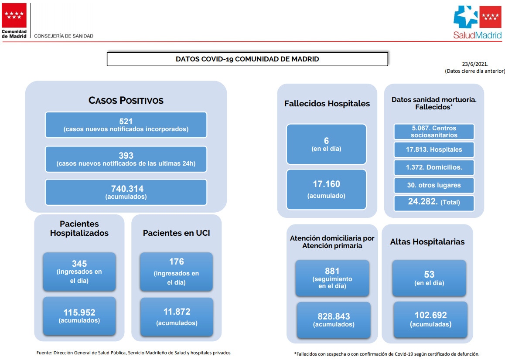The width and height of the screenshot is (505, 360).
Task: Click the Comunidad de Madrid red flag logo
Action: point(14,15)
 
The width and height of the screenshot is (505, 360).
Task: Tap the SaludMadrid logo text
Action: point(477,35)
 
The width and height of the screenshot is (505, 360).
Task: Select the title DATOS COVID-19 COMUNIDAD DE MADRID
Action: point(247,59)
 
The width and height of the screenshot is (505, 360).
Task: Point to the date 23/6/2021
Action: point(475,64)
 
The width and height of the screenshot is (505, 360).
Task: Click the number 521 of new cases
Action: point(126,122)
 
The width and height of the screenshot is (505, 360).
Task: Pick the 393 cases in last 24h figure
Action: point(126,156)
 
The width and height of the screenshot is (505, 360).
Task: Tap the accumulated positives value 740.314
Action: point(127,189)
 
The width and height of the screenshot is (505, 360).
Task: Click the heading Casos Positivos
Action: point(126,100)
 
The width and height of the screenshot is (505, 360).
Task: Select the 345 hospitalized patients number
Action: point(79,264)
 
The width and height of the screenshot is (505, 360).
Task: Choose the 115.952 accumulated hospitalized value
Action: point(79,312)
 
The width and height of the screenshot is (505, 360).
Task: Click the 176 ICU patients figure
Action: point(177,262)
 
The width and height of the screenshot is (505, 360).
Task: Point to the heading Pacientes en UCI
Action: point(177,233)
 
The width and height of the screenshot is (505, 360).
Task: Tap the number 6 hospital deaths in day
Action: point(326,141)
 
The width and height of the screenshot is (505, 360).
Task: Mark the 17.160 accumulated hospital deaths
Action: point(327,184)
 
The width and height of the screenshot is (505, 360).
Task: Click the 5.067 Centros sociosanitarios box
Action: point(434,131)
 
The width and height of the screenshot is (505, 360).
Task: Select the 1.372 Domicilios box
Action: point(434,167)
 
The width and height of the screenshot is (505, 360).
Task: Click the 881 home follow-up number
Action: point(332,271)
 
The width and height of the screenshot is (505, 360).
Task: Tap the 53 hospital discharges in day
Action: point(429,274)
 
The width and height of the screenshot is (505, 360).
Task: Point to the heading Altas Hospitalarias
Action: point(427,242)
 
